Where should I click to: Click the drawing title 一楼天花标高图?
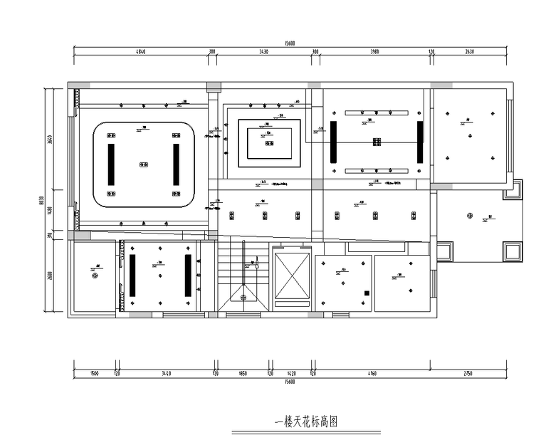pyautogui.click(x=305, y=421)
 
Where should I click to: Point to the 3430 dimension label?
pyautogui.click(x=263, y=52)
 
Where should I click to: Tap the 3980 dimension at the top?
pyautogui.click(x=374, y=52)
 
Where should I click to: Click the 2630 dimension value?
pyautogui.click(x=469, y=52)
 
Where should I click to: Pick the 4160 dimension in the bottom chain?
pyautogui.click(x=372, y=372)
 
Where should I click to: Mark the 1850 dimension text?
pyautogui.click(x=242, y=372)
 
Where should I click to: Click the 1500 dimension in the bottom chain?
pyautogui.click(x=93, y=372)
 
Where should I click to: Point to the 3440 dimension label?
pyautogui.click(x=167, y=372)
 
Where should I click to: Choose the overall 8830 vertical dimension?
pyautogui.click(x=42, y=199)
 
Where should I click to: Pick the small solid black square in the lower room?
pyautogui.click(x=367, y=293)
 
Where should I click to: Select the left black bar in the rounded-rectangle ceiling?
pyautogui.click(x=110, y=164)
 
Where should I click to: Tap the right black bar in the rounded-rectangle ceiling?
pyautogui.click(x=176, y=164)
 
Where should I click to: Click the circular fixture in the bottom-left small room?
pyautogui.click(x=93, y=278)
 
